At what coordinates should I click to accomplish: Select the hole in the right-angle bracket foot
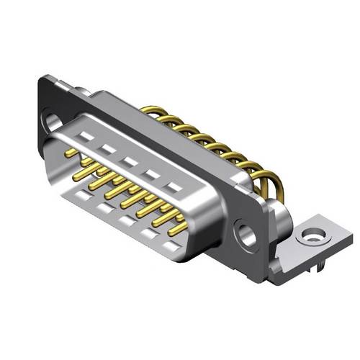[312, 235]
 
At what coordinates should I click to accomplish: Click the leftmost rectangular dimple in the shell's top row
[86, 136]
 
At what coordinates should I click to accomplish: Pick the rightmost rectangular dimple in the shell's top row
[173, 186]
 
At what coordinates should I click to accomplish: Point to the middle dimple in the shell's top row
[130, 161]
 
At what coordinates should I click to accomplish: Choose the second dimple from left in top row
[108, 148]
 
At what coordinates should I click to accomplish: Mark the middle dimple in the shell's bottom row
[127, 220]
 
